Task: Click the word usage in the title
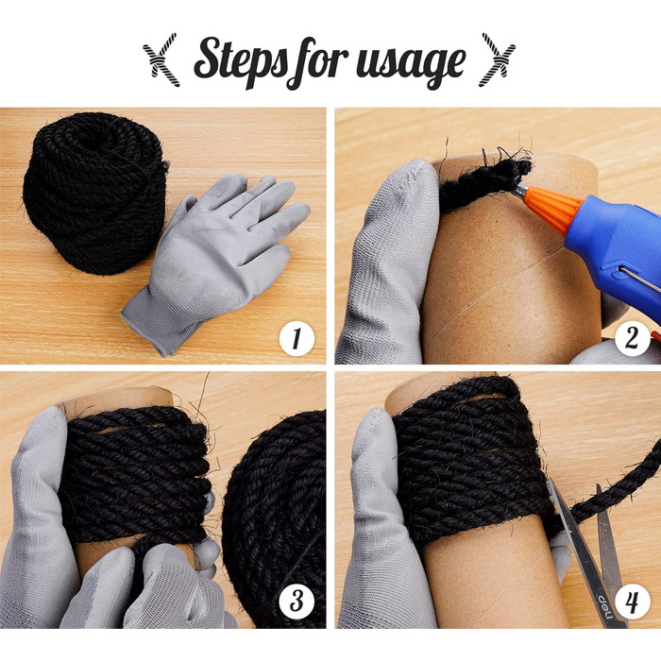coord(411,62)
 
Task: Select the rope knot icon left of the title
coord(161,59)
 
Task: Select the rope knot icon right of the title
coord(499,59)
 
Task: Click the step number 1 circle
coord(297,338)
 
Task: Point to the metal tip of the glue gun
coord(520,190)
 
